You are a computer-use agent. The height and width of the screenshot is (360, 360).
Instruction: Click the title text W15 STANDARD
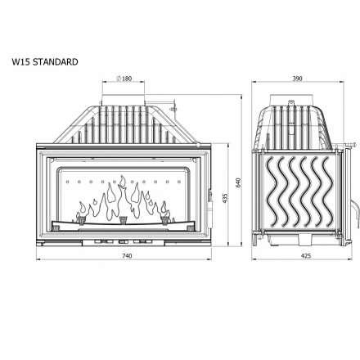coord(45,61)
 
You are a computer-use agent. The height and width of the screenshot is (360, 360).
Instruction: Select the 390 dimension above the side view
coord(297,79)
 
